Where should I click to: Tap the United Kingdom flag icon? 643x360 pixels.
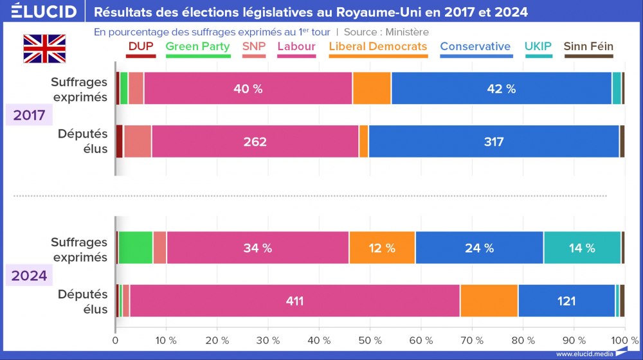tap(44, 49)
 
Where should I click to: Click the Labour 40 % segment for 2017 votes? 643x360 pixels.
tap(248, 89)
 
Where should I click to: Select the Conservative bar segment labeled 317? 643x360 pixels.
tap(494, 141)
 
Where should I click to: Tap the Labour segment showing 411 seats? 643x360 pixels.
tap(295, 301)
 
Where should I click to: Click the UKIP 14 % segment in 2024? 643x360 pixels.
tap(581, 248)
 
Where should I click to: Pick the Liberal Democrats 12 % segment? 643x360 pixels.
tap(382, 248)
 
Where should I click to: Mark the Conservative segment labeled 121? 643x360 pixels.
tap(566, 301)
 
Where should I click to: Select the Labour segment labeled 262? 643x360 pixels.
tap(255, 141)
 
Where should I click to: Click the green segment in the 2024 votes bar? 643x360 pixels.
tap(136, 248)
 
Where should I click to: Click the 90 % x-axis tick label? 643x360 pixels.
tap(574, 339)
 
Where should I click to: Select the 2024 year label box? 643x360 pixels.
tap(28, 275)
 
